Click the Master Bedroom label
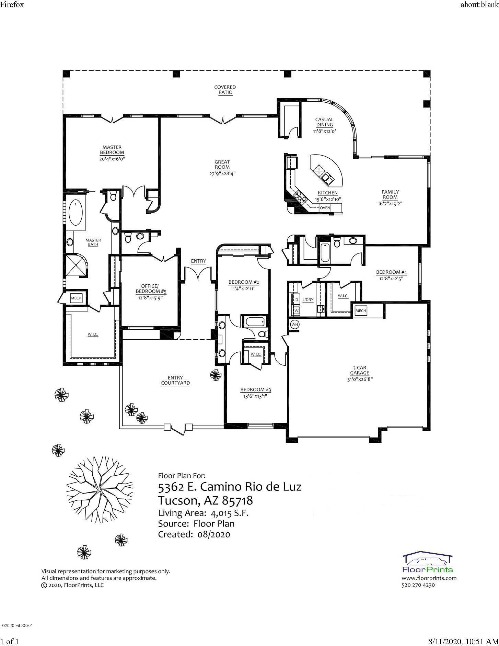click(112, 150)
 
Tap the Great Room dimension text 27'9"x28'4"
click(222, 173)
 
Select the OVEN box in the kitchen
click(325, 208)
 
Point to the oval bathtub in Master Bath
click(75, 213)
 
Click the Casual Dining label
click(324, 122)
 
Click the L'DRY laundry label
click(308, 300)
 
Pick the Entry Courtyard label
click(175, 380)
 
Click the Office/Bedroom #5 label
click(150, 289)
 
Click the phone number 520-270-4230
click(418, 585)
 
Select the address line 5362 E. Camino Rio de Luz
click(230, 487)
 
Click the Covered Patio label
click(225, 90)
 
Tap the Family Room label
click(390, 194)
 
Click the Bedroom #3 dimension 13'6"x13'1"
click(256, 396)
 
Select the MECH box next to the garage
click(361, 311)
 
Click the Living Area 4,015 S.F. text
click(203, 513)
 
